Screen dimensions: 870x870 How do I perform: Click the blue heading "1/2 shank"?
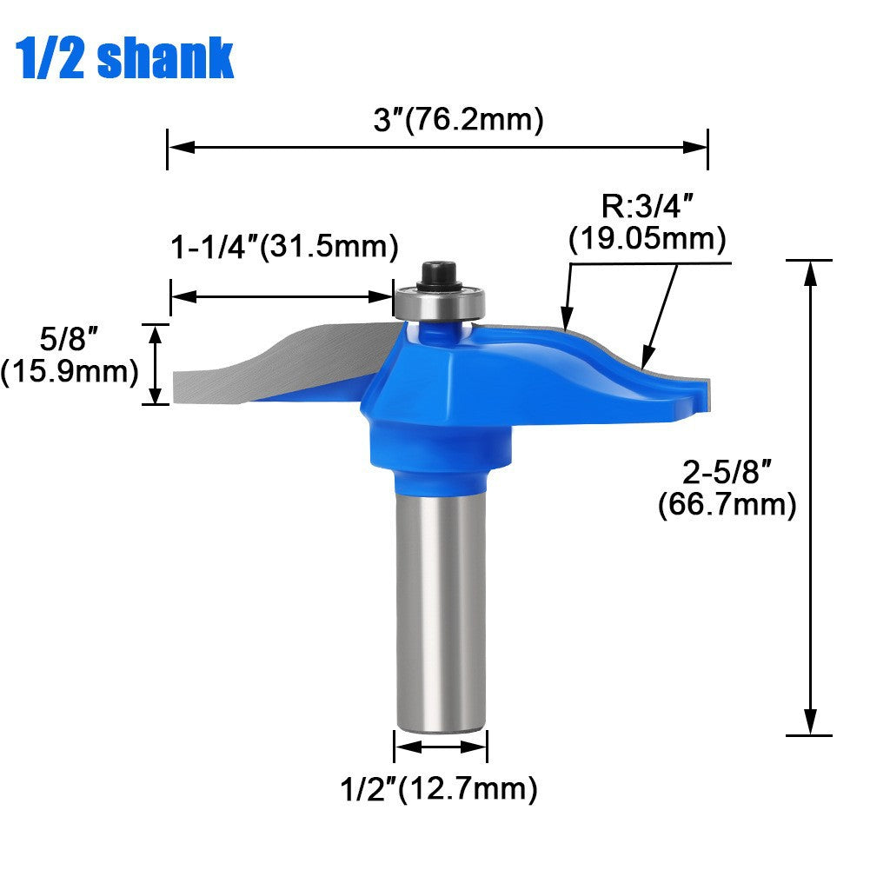tap(126, 57)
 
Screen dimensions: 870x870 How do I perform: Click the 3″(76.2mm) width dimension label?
tap(458, 120)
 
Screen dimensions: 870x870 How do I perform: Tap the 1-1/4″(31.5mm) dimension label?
tap(284, 246)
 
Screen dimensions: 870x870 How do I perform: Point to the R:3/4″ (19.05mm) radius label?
tap(648, 223)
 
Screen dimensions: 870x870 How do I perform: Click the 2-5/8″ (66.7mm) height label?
tap(727, 488)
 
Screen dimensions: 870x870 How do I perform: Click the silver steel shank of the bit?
tap(441, 608)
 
